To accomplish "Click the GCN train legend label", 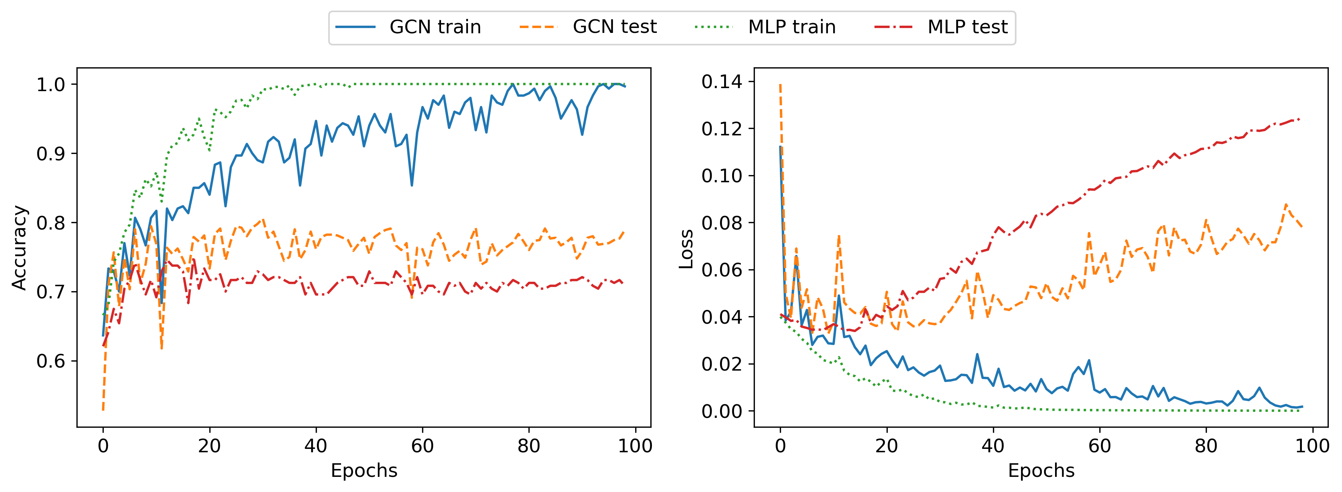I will click(435, 27).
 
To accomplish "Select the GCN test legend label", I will click(615, 27).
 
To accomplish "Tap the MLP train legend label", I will click(792, 27).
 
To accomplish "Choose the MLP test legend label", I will click(968, 27).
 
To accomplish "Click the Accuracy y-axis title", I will click(19, 248).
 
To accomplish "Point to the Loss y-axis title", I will click(686, 249).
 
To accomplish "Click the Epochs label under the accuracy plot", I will click(364, 471).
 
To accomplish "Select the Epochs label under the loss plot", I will click(1041, 471).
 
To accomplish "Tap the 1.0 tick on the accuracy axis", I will click(50, 84).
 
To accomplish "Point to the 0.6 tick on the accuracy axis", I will click(50, 361).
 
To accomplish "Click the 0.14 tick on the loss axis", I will click(722, 82).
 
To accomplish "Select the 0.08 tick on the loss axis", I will click(722, 223).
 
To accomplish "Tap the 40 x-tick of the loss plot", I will click(993, 446).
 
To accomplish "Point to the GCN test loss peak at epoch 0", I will click(780, 84).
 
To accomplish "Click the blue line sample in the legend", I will click(355, 27).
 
